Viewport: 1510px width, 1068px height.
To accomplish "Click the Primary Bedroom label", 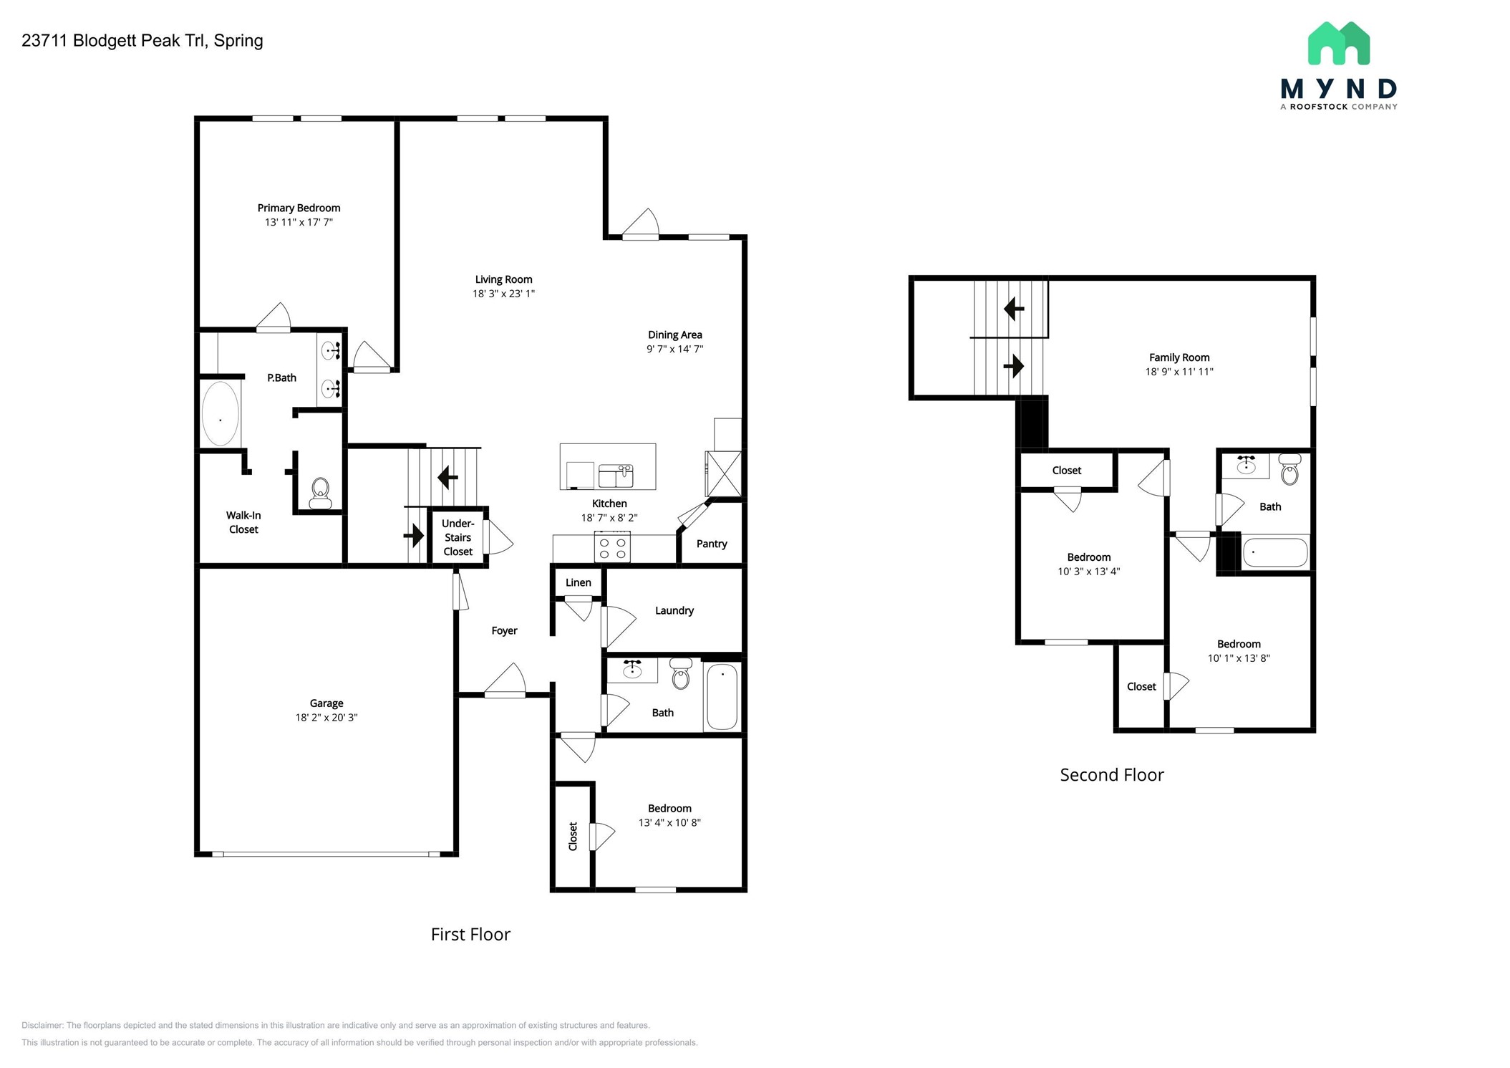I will point(299,208).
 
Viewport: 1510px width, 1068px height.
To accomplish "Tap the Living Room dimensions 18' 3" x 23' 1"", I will point(503,294).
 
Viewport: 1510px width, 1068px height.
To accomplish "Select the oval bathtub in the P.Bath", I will point(220,414).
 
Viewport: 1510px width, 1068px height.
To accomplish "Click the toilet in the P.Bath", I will point(320,493).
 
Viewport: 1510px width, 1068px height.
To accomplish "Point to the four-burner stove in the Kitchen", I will point(612,548).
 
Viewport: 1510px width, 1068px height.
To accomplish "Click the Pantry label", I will point(711,544).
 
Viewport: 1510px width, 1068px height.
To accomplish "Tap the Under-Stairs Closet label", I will point(458,537).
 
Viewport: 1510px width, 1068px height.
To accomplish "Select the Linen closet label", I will point(578,582).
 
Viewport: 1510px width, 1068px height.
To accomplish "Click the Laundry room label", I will point(674,610).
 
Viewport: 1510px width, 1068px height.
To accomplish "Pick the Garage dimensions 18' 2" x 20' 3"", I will point(326,717).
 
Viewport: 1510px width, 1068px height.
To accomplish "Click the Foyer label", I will point(504,630).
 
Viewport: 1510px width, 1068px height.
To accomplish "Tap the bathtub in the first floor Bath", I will point(722,696).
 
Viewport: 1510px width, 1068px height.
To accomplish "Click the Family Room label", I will point(1179,357).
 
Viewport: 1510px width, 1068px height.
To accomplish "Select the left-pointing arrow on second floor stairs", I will point(1013,309).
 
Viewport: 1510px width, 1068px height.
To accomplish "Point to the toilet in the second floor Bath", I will point(1289,469).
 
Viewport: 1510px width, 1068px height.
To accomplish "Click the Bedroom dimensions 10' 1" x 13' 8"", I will point(1239,658).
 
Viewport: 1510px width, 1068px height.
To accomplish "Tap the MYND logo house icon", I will point(1338,44).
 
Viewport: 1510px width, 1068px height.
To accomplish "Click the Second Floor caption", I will point(1111,775).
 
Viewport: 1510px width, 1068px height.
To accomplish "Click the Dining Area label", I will point(674,335).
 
